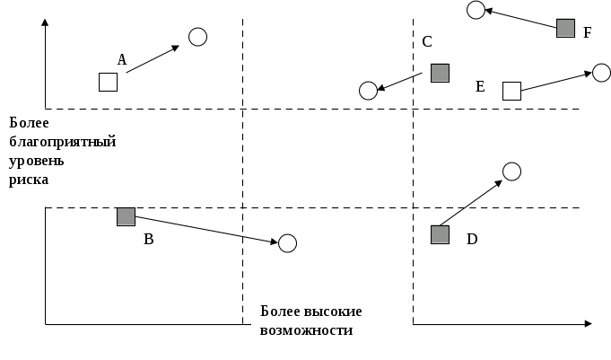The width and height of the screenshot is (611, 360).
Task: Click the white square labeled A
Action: pyautogui.click(x=108, y=82)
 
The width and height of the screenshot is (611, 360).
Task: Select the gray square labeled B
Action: pyautogui.click(x=126, y=216)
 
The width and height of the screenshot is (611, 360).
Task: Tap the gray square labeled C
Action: pyautogui.click(x=440, y=73)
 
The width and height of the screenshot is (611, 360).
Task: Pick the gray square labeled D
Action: pyautogui.click(x=440, y=234)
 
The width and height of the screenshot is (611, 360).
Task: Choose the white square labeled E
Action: pyautogui.click(x=511, y=91)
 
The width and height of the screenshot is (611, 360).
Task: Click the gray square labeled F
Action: pyautogui.click(x=565, y=28)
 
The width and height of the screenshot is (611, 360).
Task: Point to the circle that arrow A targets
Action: pyautogui.click(x=198, y=37)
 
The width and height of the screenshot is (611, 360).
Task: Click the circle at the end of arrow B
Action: pyautogui.click(x=287, y=243)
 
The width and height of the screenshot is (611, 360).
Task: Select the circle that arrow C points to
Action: pyautogui.click(x=368, y=91)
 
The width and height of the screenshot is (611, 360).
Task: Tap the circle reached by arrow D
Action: pyautogui.click(x=511, y=171)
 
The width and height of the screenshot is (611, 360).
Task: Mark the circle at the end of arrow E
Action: pyautogui.click(x=601, y=73)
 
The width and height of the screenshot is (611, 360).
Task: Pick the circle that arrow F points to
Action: pyautogui.click(x=476, y=10)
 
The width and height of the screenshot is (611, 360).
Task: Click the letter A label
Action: pyautogui.click(x=122, y=59)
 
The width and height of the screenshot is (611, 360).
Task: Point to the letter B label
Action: pyautogui.click(x=149, y=240)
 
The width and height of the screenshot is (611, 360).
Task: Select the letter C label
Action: pyautogui.click(x=427, y=41)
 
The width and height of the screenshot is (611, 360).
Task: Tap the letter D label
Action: pyautogui.click(x=472, y=239)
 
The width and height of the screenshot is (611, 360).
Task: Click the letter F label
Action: pyautogui.click(x=588, y=32)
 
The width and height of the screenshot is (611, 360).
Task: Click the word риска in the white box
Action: pyautogui.click(x=29, y=180)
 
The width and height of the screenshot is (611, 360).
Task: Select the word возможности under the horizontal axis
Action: pyautogui.click(x=306, y=329)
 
